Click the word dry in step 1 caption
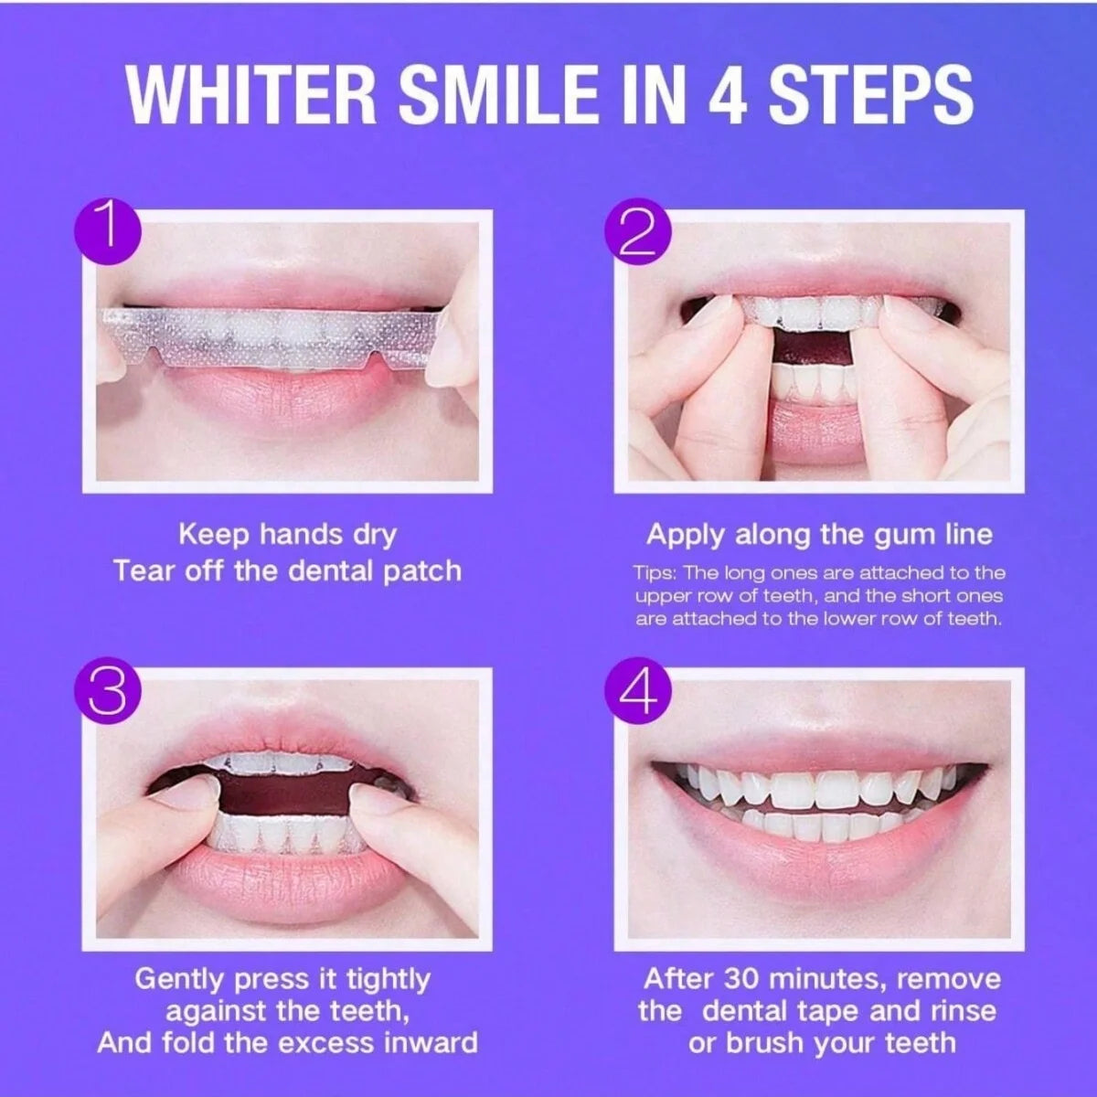click(x=375, y=535)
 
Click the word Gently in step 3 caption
click(x=180, y=979)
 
